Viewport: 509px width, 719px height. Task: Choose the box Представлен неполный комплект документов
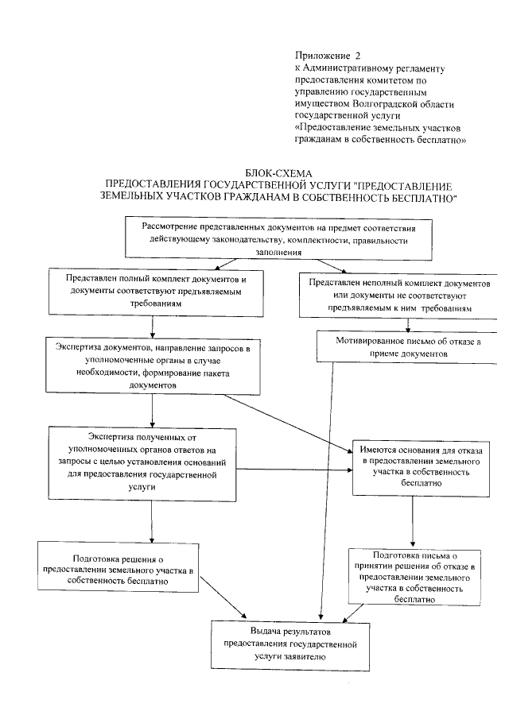(401, 295)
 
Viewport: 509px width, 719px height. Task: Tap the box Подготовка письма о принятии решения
(411, 576)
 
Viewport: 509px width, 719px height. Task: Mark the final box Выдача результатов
(289, 644)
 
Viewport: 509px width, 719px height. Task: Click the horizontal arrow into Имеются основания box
(294, 470)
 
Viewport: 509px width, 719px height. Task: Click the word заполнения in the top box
(278, 252)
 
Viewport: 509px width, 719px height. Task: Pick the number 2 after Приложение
(358, 56)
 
